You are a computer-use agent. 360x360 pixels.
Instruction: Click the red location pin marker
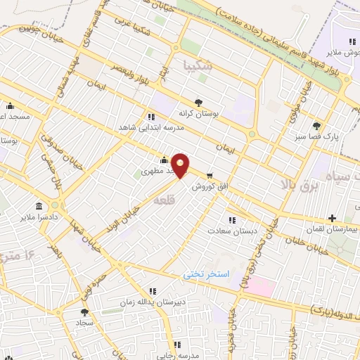tap(181, 165)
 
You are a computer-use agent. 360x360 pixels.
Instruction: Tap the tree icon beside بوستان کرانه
tap(199, 102)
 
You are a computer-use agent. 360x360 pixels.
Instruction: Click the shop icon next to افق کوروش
tap(210, 176)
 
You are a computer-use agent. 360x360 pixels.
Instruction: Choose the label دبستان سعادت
tap(231, 230)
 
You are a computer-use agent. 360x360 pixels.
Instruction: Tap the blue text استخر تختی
tap(207, 274)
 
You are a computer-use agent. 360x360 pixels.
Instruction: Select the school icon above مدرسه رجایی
tap(179, 345)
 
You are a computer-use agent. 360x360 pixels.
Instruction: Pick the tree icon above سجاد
tap(85, 312)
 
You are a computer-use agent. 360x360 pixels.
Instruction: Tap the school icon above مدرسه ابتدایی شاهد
tap(151, 116)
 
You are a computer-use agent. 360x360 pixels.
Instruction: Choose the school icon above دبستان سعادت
tap(231, 219)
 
